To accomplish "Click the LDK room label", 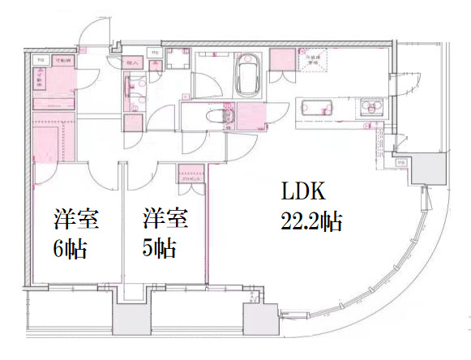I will (303, 192).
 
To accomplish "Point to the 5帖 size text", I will (159, 246).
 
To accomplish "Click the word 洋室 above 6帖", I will (76, 218).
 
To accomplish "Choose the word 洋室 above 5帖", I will (166, 218).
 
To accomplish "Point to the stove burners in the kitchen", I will (372, 106).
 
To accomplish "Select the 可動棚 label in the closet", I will (62, 61).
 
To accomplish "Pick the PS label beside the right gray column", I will (401, 163).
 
